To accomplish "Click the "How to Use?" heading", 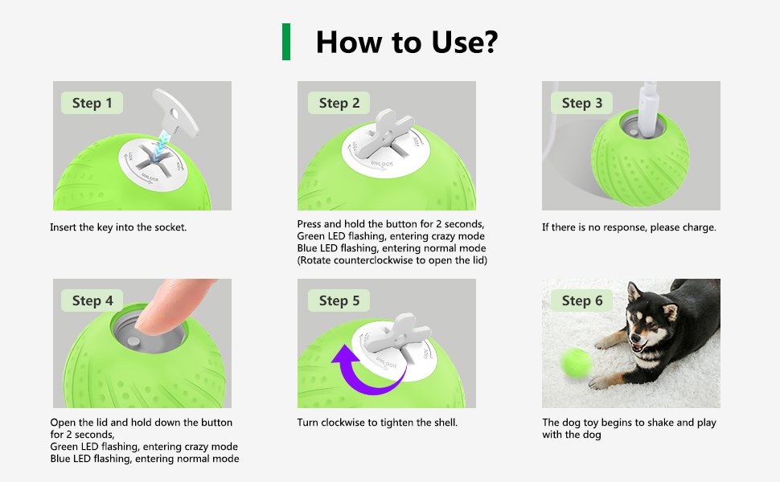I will pos(406,42).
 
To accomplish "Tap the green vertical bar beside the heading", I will pos(286,42).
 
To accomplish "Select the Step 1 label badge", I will pos(92,103).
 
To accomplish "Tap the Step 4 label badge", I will pos(92,300).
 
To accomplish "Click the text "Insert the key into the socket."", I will pos(118,227).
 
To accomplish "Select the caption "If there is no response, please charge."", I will pos(629,227).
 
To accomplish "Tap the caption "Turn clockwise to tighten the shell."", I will pos(377,423).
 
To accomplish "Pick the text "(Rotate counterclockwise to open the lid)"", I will pos(392,260).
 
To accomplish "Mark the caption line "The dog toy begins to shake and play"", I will pos(629,423).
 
